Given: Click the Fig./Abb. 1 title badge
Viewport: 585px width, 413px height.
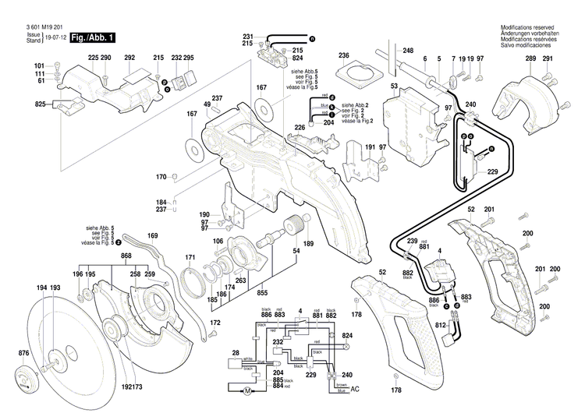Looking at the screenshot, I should point(93,37).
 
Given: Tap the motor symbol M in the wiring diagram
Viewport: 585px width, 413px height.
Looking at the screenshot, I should point(248,390).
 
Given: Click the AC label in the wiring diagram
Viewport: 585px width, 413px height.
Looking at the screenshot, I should point(356,388).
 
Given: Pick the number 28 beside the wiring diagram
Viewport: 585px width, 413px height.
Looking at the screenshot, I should point(235,353).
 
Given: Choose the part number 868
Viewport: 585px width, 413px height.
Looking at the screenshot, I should point(126,256).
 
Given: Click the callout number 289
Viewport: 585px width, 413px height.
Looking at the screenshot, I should point(530,60).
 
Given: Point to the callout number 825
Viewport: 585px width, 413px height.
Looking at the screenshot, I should point(40,104).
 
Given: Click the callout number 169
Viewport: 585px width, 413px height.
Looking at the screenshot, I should point(153,235).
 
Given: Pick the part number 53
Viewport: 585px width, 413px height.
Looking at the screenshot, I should point(395,85).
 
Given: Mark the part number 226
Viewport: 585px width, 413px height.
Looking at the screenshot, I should point(299,127).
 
